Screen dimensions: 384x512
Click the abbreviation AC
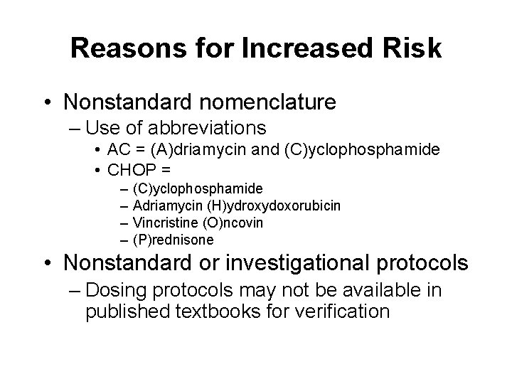[118, 151]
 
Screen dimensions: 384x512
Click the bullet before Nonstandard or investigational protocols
[47, 264]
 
